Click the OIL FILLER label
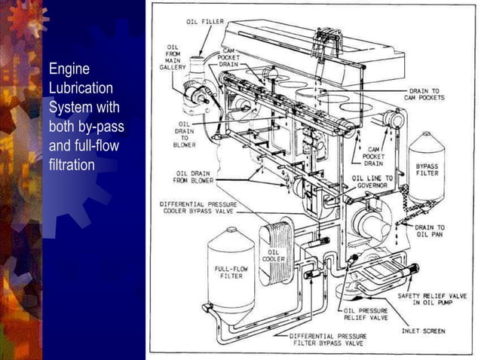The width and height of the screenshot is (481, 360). pyautogui.click(x=205, y=22)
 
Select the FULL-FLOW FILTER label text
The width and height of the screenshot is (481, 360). pyautogui.click(x=231, y=272)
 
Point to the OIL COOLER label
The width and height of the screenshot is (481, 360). pyautogui.click(x=273, y=255)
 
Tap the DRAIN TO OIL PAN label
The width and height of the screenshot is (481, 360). pyautogui.click(x=429, y=231)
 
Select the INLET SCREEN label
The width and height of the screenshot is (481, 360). pyautogui.click(x=423, y=331)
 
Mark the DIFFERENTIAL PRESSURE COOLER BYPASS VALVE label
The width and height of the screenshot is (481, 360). pyautogui.click(x=207, y=208)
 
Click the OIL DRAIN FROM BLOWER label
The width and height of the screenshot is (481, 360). pyautogui.click(x=191, y=177)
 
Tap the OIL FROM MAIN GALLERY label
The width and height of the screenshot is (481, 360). pyautogui.click(x=173, y=56)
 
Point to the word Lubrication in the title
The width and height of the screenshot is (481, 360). pyautogui.click(x=81, y=88)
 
